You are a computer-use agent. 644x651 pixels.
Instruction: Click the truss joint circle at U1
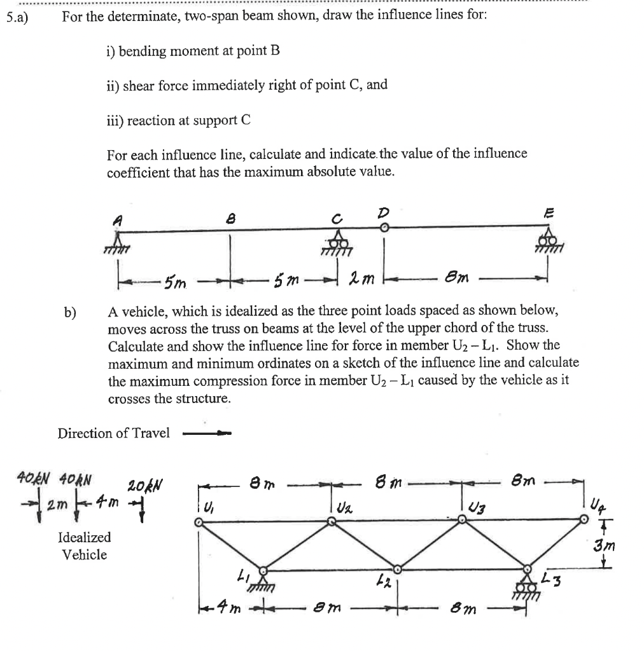pyautogui.click(x=199, y=522)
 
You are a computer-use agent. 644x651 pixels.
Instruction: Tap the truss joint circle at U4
pyautogui.click(x=585, y=519)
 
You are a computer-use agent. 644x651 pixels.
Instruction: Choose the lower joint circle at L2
pyautogui.click(x=397, y=568)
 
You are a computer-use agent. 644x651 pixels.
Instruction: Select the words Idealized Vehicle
pyautogui.click(x=84, y=545)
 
